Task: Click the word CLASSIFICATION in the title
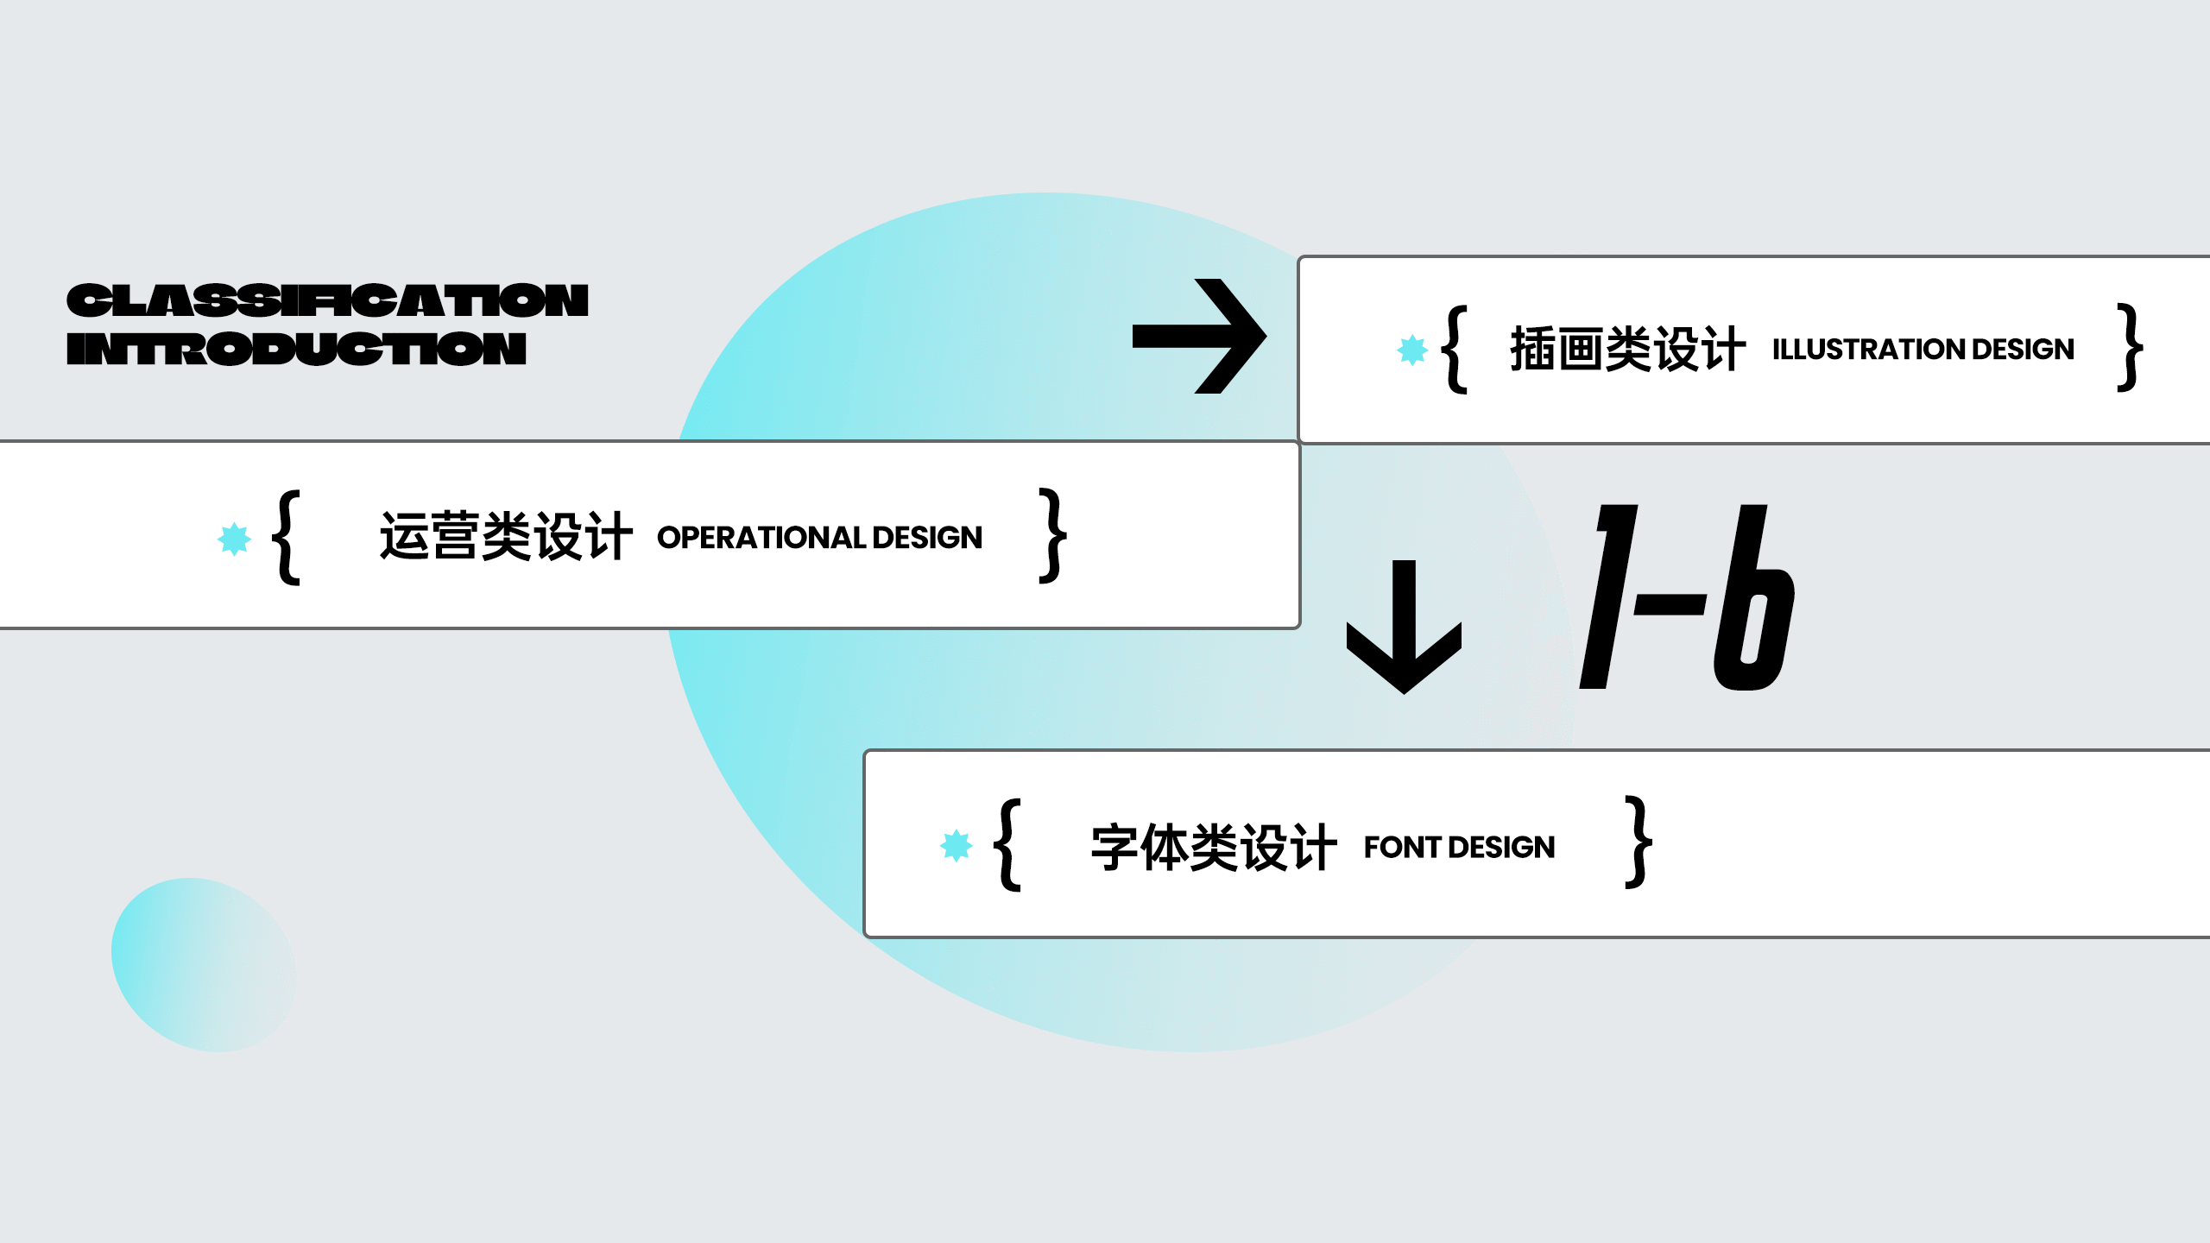(327, 300)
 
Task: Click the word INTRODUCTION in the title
(296, 349)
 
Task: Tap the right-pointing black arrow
(1199, 336)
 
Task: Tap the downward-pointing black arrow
(1404, 627)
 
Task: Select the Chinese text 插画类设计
(1627, 349)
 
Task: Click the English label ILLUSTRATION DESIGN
(1923, 349)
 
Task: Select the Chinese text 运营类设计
(506, 536)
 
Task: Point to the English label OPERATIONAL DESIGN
(819, 537)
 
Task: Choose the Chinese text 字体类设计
(1214, 847)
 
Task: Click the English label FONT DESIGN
(1459, 847)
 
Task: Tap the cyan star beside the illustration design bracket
(1412, 350)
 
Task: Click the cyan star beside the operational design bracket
(234, 539)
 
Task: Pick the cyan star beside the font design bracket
(956, 845)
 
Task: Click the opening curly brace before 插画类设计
(1455, 349)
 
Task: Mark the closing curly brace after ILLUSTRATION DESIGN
(2130, 347)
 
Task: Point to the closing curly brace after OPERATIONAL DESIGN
(1052, 535)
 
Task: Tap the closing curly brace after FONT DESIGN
(1639, 842)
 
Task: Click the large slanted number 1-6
(1687, 597)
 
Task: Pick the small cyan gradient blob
(204, 965)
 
